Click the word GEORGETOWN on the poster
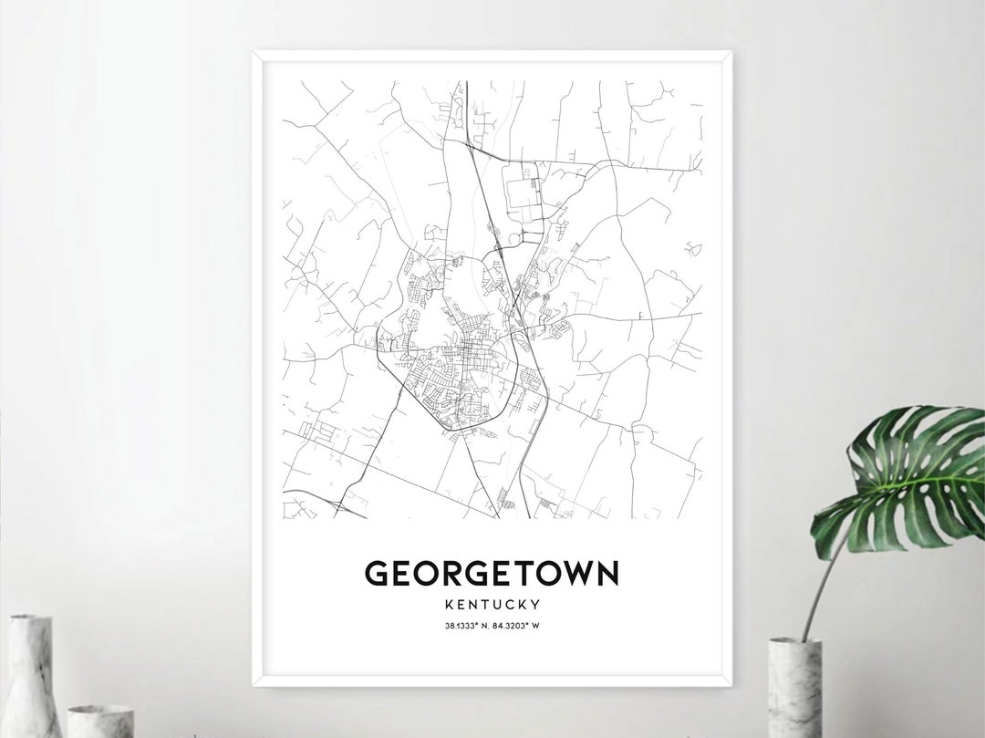point(492,574)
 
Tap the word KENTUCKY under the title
point(492,604)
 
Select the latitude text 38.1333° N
point(463,626)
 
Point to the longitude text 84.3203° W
point(520,626)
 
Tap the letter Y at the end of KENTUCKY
point(537,604)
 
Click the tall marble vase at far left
point(31,676)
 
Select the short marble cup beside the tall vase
point(100,721)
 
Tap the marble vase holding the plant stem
point(794,688)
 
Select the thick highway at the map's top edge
point(467,100)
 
